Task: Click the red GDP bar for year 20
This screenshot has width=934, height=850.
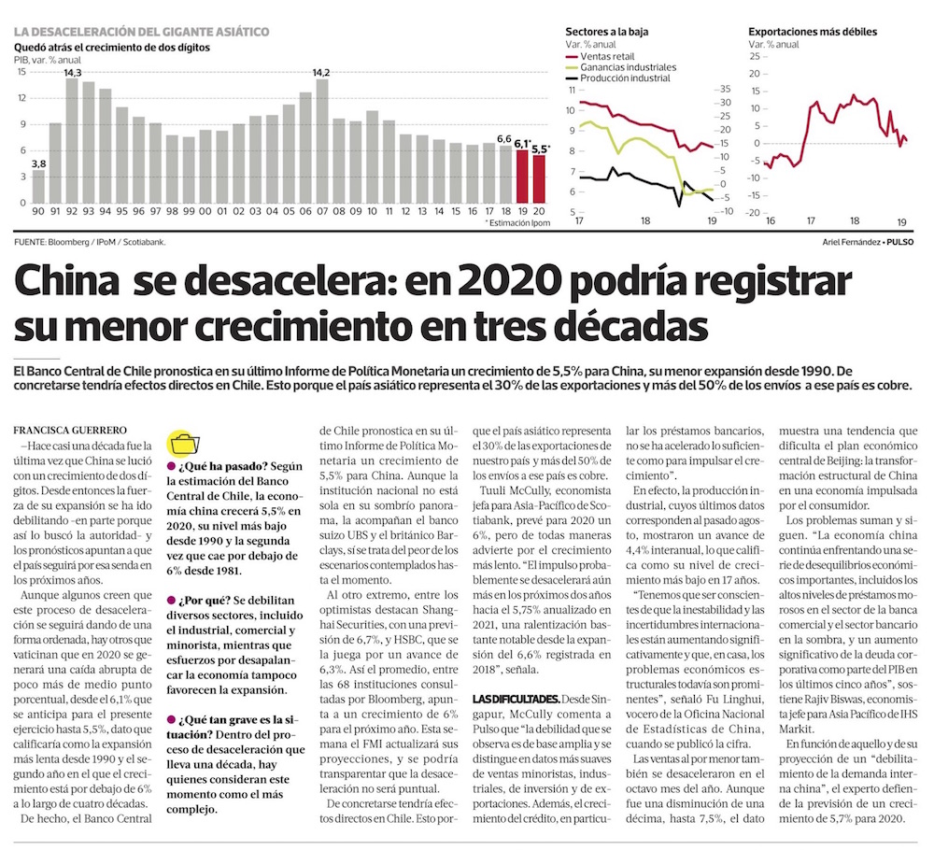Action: (x=539, y=178)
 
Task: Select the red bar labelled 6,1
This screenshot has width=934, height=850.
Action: (x=522, y=177)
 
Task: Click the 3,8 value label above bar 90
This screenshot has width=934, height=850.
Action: (x=38, y=163)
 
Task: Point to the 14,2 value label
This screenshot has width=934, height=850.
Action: (x=321, y=73)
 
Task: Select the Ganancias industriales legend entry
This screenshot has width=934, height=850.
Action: (x=621, y=67)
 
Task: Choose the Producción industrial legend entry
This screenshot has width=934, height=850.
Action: (x=617, y=78)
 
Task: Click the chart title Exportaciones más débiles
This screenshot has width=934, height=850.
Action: (x=813, y=32)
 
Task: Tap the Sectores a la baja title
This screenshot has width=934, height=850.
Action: (x=607, y=32)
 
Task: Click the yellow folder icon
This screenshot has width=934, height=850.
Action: (x=184, y=444)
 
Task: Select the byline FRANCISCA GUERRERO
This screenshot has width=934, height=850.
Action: (x=70, y=430)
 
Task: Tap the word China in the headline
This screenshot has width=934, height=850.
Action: (x=66, y=280)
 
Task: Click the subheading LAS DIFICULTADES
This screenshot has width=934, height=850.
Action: (x=516, y=699)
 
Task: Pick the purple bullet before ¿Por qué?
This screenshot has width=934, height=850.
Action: (x=171, y=601)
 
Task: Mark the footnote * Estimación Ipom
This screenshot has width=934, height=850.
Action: (x=517, y=223)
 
